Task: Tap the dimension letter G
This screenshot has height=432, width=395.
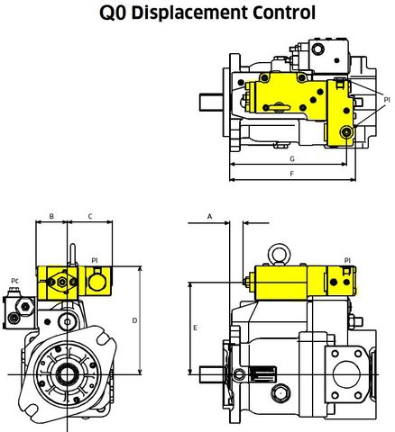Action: coord(290,158)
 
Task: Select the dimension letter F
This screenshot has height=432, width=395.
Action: coord(290,172)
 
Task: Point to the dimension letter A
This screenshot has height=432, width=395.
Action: coord(209,217)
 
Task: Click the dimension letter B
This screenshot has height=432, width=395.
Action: coord(52,217)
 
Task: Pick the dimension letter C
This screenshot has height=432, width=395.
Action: coord(90,217)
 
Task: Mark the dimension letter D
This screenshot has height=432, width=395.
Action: coord(134,319)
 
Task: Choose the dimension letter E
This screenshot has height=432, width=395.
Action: coord(196,328)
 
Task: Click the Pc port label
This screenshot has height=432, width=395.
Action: coord(15,281)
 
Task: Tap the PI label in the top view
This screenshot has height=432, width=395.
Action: coord(386,98)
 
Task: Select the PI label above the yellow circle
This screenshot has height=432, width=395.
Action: coord(94,260)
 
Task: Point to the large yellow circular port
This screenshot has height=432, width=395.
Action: coord(95,283)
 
